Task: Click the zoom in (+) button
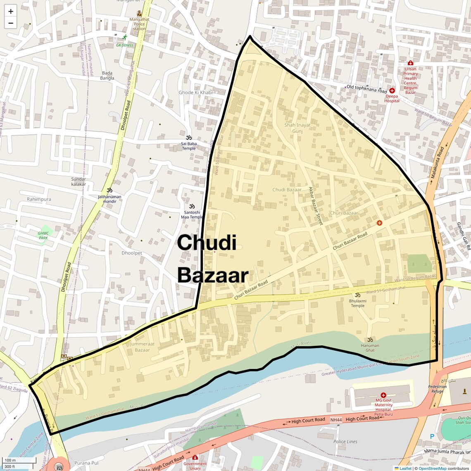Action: (x=10, y=11)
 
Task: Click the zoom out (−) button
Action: (x=10, y=23)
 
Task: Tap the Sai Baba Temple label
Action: (x=189, y=146)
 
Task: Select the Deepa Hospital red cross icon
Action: (x=392, y=90)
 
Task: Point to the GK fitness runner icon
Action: (x=125, y=38)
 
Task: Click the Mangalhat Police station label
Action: (x=139, y=24)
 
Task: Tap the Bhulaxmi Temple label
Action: (x=358, y=303)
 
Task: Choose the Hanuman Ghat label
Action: (x=370, y=348)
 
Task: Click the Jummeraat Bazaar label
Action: (x=142, y=347)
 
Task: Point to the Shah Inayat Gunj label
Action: (x=297, y=128)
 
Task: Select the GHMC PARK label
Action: (x=43, y=235)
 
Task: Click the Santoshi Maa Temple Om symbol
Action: (x=192, y=206)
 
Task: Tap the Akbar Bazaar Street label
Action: (x=315, y=206)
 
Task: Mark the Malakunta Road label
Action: (x=437, y=162)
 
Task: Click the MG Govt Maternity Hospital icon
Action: (x=383, y=395)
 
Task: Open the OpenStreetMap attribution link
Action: (x=432, y=468)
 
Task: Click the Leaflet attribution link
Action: (x=405, y=468)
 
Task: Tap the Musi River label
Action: (x=301, y=343)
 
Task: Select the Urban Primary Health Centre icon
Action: (x=410, y=63)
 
